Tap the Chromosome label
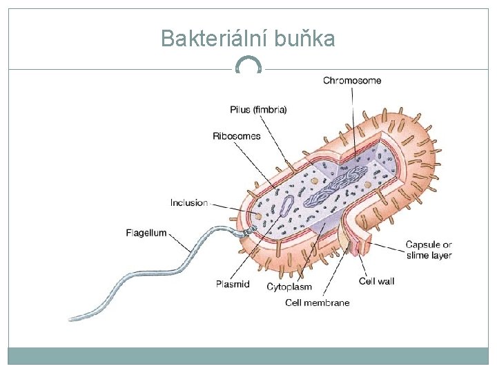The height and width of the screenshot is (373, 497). pyautogui.click(x=352, y=81)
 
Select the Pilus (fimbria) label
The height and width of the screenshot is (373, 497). pyautogui.click(x=258, y=109)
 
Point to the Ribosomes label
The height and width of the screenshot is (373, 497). pyautogui.click(x=237, y=136)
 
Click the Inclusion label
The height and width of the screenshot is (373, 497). pyautogui.click(x=188, y=203)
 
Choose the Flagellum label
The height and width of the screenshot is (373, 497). pyautogui.click(x=146, y=233)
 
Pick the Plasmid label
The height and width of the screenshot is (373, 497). pyautogui.click(x=233, y=284)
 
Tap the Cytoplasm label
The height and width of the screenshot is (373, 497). pyautogui.click(x=289, y=287)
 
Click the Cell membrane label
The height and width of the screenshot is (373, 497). pyautogui.click(x=318, y=303)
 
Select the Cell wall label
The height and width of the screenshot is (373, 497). pyautogui.click(x=377, y=281)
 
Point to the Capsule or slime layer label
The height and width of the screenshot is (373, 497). pyautogui.click(x=429, y=250)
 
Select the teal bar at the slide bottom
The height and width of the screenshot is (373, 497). pyautogui.click(x=248, y=356)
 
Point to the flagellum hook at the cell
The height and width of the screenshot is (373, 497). pyautogui.click(x=239, y=232)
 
